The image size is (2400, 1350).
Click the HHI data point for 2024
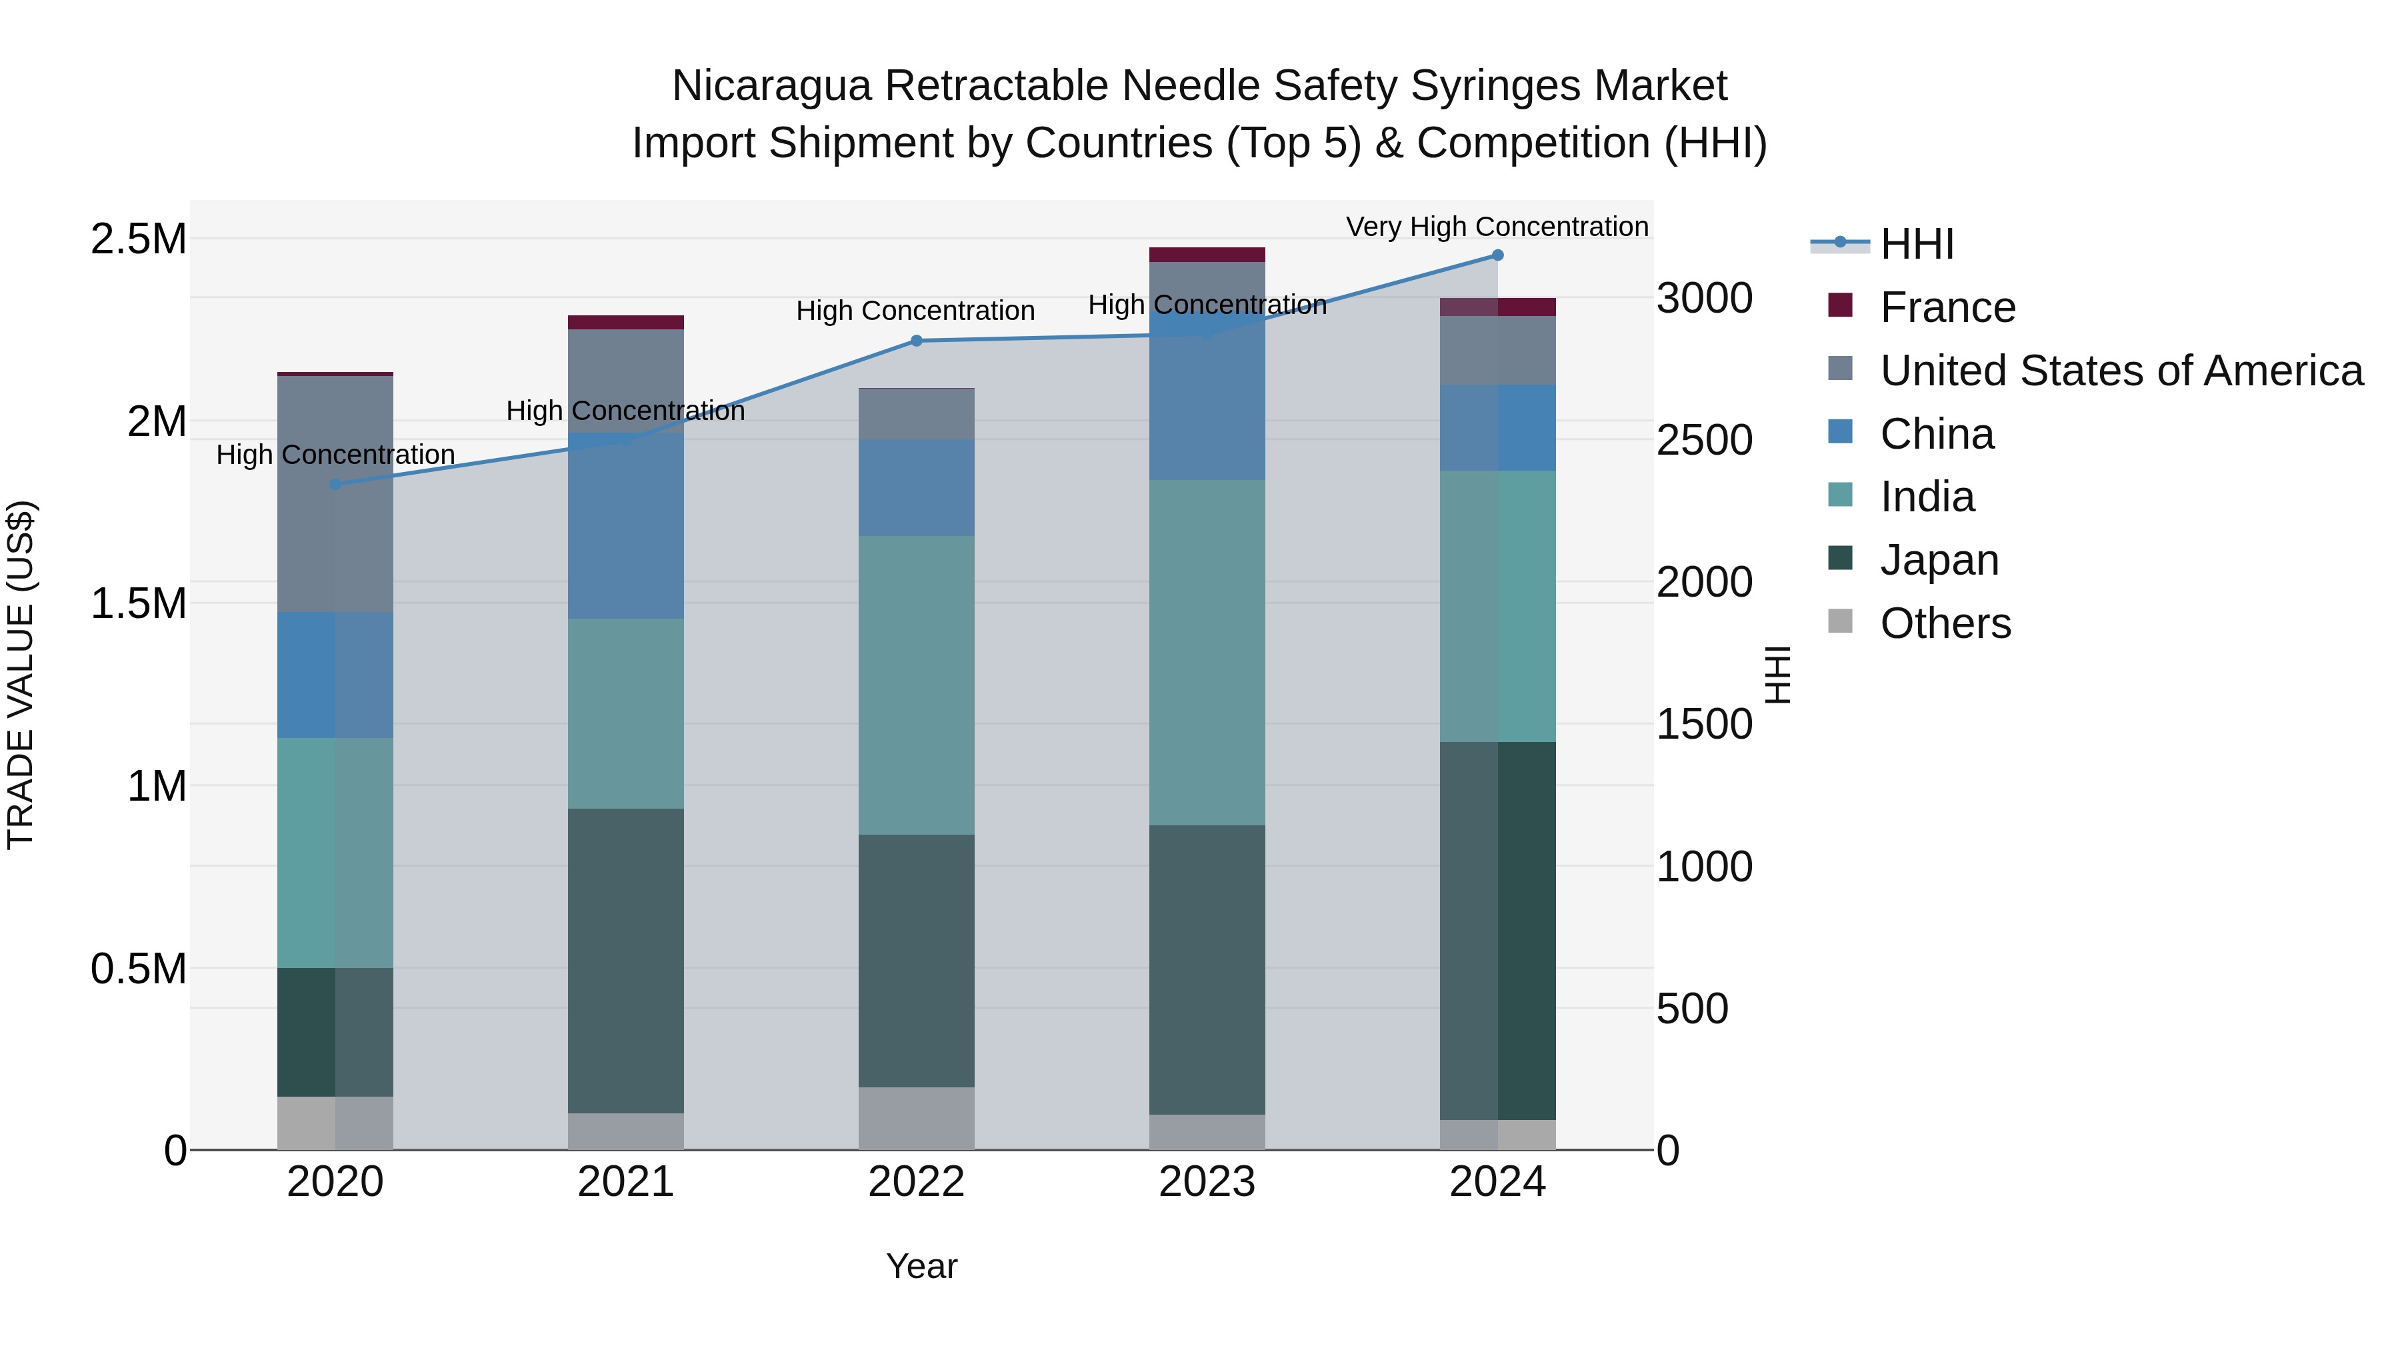click(1497, 255)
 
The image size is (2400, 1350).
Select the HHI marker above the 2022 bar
click(916, 341)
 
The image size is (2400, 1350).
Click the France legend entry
click(1947, 307)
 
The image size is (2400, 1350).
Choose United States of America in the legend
click(2121, 371)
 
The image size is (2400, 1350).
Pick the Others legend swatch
click(1840, 621)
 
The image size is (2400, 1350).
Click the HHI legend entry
click(1917, 244)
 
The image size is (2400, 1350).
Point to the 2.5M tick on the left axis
click(138, 239)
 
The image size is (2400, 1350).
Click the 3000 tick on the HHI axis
click(1704, 299)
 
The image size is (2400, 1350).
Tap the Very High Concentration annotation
click(1497, 227)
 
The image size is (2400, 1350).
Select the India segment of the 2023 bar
click(1207, 652)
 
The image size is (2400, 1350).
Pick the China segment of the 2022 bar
click(916, 487)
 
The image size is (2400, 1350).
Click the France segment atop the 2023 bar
click(1207, 255)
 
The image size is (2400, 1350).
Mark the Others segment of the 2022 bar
click(916, 1118)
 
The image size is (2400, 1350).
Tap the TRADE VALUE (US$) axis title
click(21, 675)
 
